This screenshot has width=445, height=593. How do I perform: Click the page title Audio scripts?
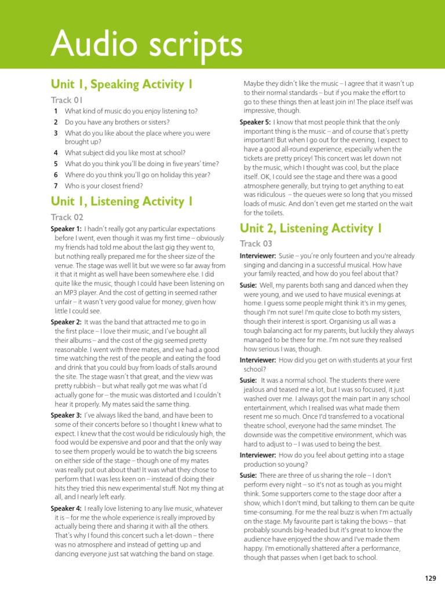(x=146, y=44)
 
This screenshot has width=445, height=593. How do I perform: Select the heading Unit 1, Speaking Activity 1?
(x=122, y=85)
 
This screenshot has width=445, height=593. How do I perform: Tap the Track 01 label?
(x=67, y=100)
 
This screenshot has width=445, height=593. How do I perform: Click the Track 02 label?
(x=67, y=217)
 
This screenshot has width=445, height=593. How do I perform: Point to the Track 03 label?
(x=256, y=244)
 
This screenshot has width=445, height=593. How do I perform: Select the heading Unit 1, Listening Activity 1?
(x=122, y=202)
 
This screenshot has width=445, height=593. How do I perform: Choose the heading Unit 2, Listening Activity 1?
(x=311, y=228)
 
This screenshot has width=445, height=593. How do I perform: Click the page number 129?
(x=430, y=578)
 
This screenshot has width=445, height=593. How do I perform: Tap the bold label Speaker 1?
(x=66, y=229)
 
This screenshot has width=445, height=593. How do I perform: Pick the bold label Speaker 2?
(x=66, y=322)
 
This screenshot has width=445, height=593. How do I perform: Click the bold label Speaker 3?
(x=66, y=415)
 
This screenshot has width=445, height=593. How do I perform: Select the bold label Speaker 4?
(x=66, y=508)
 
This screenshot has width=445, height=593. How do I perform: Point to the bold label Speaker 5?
(x=255, y=122)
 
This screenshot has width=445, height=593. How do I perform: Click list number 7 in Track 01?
(x=56, y=186)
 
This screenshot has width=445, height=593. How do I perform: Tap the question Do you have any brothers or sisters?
(x=117, y=122)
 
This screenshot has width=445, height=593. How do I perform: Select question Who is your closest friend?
(x=104, y=186)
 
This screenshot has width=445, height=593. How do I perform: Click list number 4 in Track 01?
(x=56, y=153)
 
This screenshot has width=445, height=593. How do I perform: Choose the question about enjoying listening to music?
(x=131, y=111)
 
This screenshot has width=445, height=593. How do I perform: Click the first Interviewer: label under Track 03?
(x=258, y=256)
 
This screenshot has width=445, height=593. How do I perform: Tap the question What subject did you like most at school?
(x=125, y=153)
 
